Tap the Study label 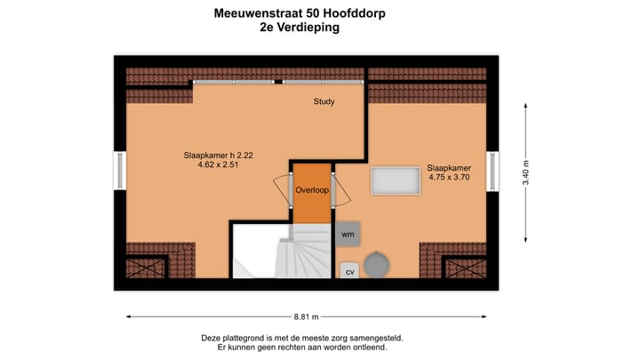click(x=324, y=101)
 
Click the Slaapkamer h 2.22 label click(x=219, y=156)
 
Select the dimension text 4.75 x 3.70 click(x=449, y=177)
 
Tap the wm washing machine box click(x=348, y=234)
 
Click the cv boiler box click(x=349, y=270)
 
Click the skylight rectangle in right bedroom click(x=396, y=180)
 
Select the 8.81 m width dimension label click(x=306, y=316)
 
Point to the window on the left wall click(x=120, y=171)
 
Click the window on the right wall click(x=498, y=171)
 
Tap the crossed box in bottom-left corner click(x=146, y=268)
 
